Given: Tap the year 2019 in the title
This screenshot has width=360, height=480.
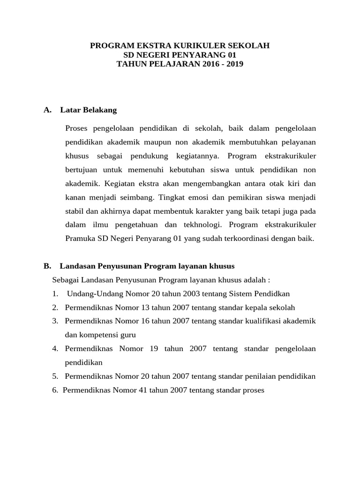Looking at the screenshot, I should [234, 64].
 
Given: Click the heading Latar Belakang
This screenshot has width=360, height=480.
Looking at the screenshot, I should [89, 110].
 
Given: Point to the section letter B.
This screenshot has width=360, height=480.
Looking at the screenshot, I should [47, 266].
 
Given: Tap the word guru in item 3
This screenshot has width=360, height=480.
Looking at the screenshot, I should [128, 335].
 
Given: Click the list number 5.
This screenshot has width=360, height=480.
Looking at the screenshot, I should [55, 376].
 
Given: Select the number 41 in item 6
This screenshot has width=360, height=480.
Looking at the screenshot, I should [136, 390].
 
